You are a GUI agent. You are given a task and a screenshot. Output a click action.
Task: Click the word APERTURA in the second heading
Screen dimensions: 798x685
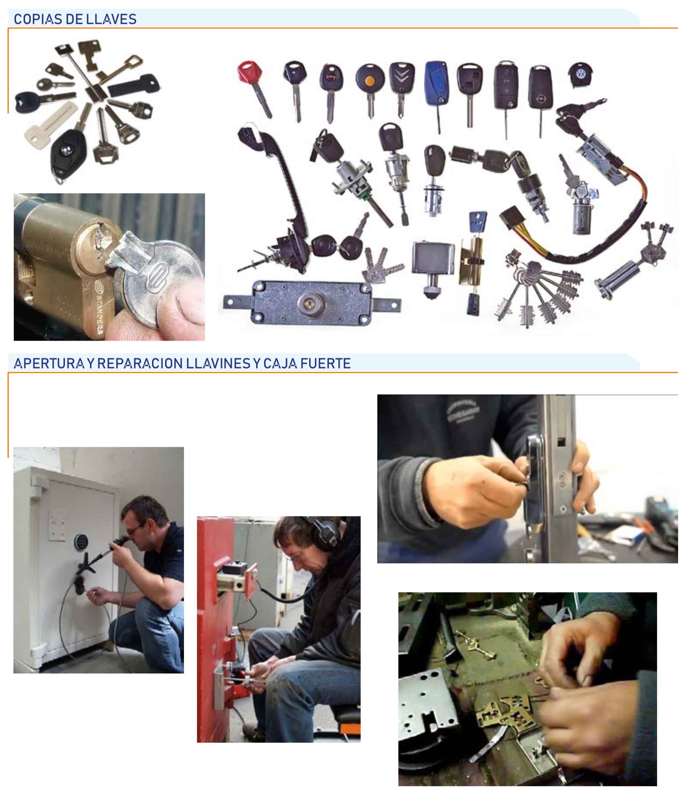coord(49,363)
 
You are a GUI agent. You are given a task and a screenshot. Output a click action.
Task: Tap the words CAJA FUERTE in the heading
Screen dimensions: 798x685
coord(307,363)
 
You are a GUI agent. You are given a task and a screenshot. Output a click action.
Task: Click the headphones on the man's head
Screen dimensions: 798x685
coord(325,533)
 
